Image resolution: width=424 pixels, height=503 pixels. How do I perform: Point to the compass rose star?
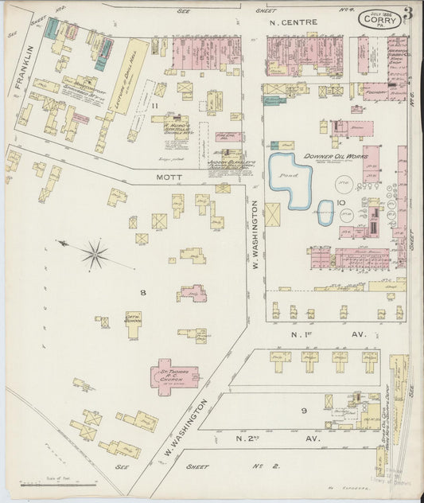click(94, 255)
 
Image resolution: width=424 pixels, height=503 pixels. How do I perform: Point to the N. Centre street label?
click(294, 22)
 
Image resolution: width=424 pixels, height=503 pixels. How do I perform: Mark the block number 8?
click(143, 293)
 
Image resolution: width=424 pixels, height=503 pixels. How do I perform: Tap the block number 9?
click(303, 410)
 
